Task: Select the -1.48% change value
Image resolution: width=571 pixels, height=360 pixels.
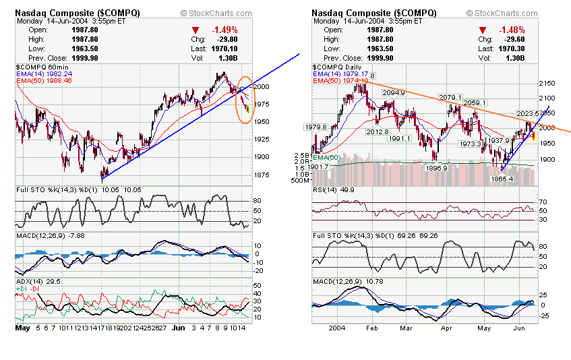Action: [x=512, y=30]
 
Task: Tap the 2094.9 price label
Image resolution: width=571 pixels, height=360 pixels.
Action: [x=393, y=92]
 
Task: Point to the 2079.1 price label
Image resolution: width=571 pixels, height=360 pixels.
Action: [x=451, y=98]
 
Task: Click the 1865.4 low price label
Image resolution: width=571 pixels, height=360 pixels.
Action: [x=502, y=179]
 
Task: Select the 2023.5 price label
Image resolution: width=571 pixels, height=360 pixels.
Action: [x=528, y=113]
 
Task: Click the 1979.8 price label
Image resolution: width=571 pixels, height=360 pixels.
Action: [x=316, y=127]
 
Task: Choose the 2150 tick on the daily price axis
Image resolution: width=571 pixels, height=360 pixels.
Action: [x=547, y=84]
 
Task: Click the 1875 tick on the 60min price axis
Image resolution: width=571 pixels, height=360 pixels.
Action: [x=262, y=174]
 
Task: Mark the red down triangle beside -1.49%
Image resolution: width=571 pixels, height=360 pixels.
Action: [x=196, y=30]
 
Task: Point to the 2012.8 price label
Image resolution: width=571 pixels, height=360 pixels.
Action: [x=378, y=131]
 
